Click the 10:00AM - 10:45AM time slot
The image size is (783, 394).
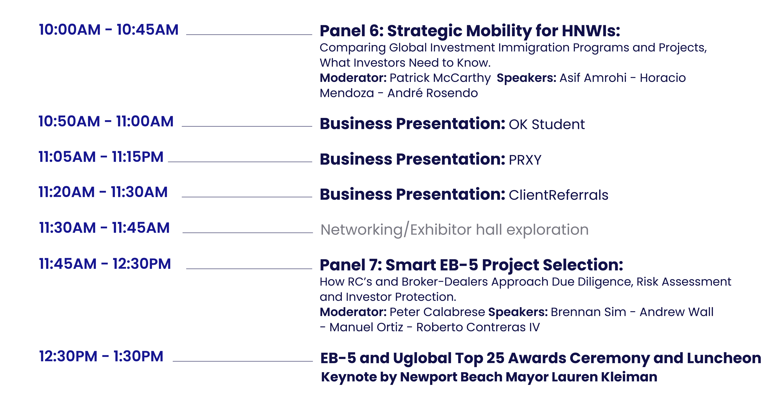(x=109, y=30)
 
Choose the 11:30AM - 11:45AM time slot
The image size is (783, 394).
(x=104, y=228)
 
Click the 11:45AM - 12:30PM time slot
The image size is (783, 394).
(x=105, y=264)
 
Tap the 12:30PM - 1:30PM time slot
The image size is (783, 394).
(x=101, y=356)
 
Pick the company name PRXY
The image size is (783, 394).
(x=525, y=160)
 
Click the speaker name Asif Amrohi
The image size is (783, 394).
(x=593, y=78)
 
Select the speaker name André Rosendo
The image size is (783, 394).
(x=433, y=93)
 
